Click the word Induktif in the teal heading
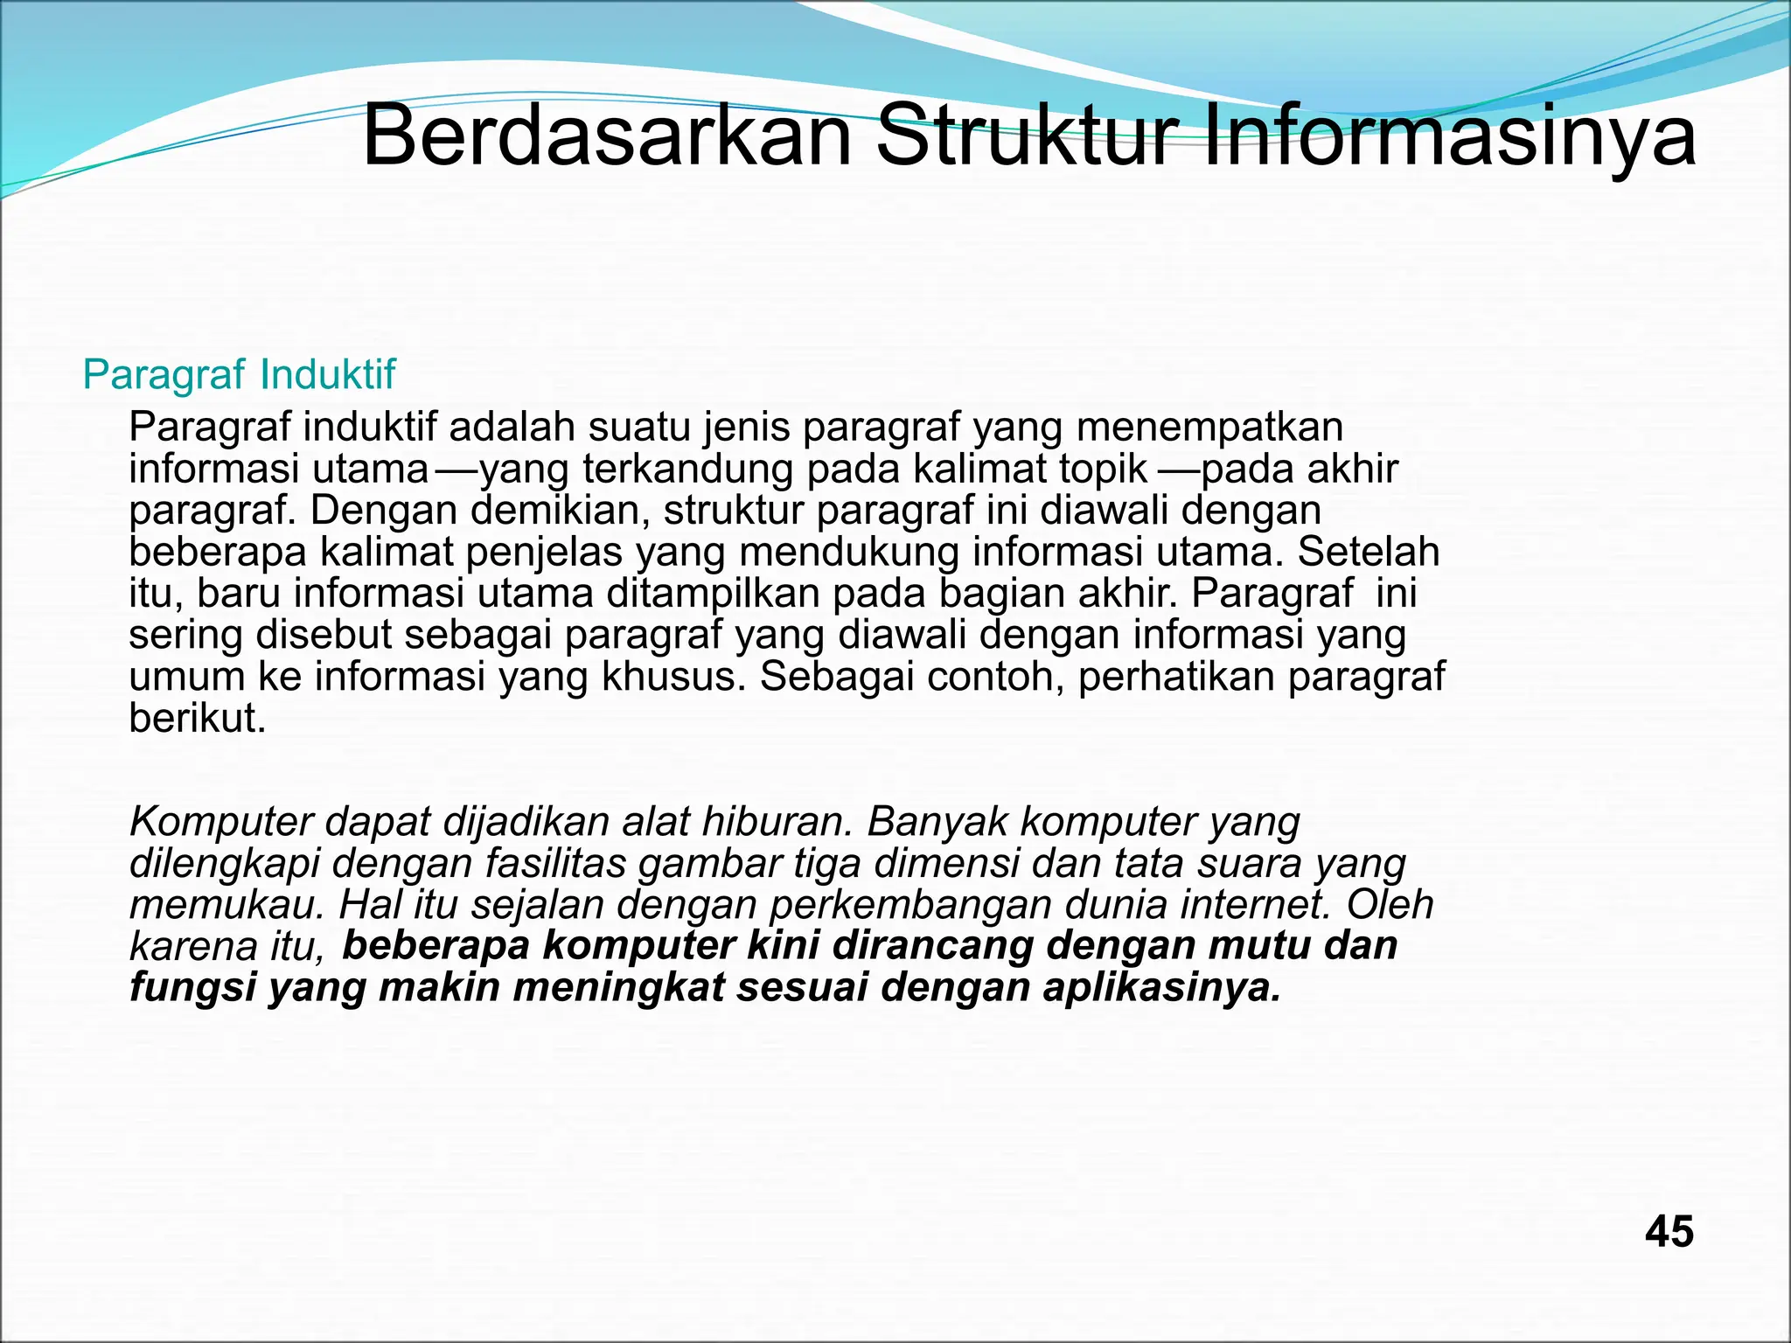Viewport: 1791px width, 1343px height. [328, 375]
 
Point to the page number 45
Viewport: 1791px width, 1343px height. [1669, 1232]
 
